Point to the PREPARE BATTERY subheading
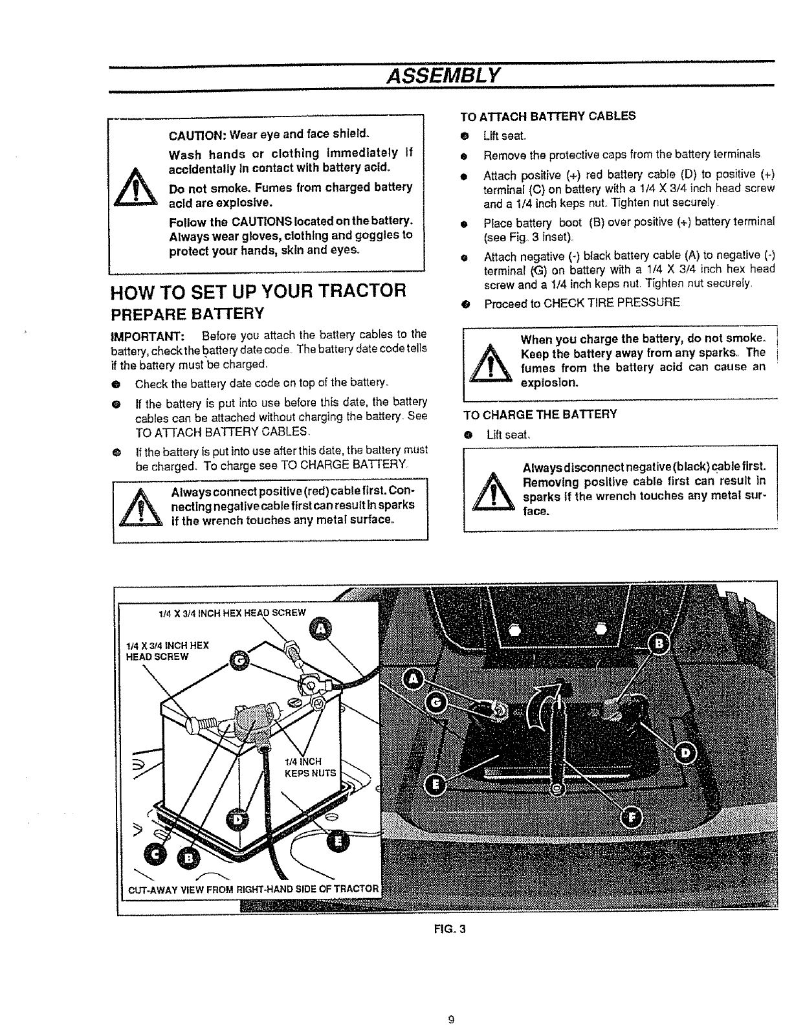tap(188, 314)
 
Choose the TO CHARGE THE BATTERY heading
tap(540, 414)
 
